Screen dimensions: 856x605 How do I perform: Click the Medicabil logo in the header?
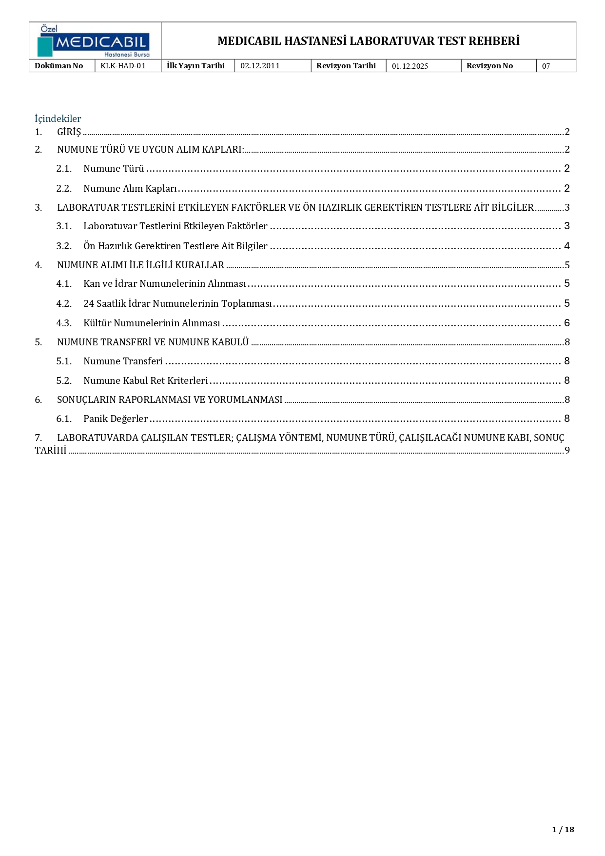[x=94, y=41]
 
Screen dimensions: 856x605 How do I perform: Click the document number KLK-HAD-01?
[x=123, y=66]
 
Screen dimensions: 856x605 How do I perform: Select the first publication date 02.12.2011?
[x=260, y=66]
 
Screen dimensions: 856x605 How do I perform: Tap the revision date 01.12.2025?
[x=410, y=66]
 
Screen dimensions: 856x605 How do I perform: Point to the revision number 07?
[x=546, y=66]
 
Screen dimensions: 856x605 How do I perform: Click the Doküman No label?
[x=59, y=66]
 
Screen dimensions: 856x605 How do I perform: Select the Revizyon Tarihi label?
[x=346, y=66]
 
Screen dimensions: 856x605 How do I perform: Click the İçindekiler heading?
[x=58, y=119]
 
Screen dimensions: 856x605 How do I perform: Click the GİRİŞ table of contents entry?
[x=69, y=132]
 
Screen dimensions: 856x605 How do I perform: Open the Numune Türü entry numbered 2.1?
[x=114, y=169]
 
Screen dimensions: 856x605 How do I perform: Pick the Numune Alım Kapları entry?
[x=130, y=189]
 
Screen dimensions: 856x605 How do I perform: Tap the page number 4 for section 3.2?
[x=566, y=246]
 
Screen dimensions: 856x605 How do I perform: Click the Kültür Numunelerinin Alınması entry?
[x=152, y=323]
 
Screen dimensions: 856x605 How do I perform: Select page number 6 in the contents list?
[x=566, y=323]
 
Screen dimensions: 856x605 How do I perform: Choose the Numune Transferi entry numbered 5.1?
[x=123, y=361]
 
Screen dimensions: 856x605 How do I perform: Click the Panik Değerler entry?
[x=116, y=419]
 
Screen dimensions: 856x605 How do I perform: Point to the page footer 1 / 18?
[x=563, y=830]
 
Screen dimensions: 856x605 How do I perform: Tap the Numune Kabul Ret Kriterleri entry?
[x=145, y=381]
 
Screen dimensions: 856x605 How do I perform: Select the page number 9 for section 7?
[x=567, y=451]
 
